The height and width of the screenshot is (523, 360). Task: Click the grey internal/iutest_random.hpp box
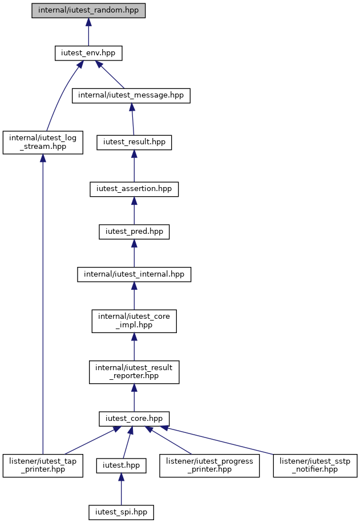coord(88,11)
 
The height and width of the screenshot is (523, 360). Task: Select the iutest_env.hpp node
coord(88,53)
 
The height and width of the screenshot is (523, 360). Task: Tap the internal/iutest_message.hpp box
coord(131,96)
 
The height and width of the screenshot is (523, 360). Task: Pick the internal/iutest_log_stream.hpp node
coord(43,143)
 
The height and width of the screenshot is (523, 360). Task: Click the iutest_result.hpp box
coord(134,143)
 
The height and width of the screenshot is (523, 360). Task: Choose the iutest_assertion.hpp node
coord(134,189)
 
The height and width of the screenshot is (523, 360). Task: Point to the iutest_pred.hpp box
coord(134,232)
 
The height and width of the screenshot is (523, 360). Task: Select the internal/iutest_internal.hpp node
coord(134,274)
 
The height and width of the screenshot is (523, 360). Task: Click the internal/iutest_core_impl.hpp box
coord(134,321)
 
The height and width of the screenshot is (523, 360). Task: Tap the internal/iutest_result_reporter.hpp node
coord(134,372)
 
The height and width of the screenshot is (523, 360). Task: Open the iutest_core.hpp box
coord(134,419)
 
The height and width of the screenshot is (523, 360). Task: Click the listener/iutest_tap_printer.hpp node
coord(43,465)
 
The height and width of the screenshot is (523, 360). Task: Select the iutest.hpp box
coord(121,465)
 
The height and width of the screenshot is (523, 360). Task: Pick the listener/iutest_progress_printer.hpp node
coord(209,465)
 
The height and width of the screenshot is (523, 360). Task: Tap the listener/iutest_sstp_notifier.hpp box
coord(315,465)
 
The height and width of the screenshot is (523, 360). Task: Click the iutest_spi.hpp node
coord(121,512)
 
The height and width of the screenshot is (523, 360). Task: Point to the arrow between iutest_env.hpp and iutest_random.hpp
coord(88,32)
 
